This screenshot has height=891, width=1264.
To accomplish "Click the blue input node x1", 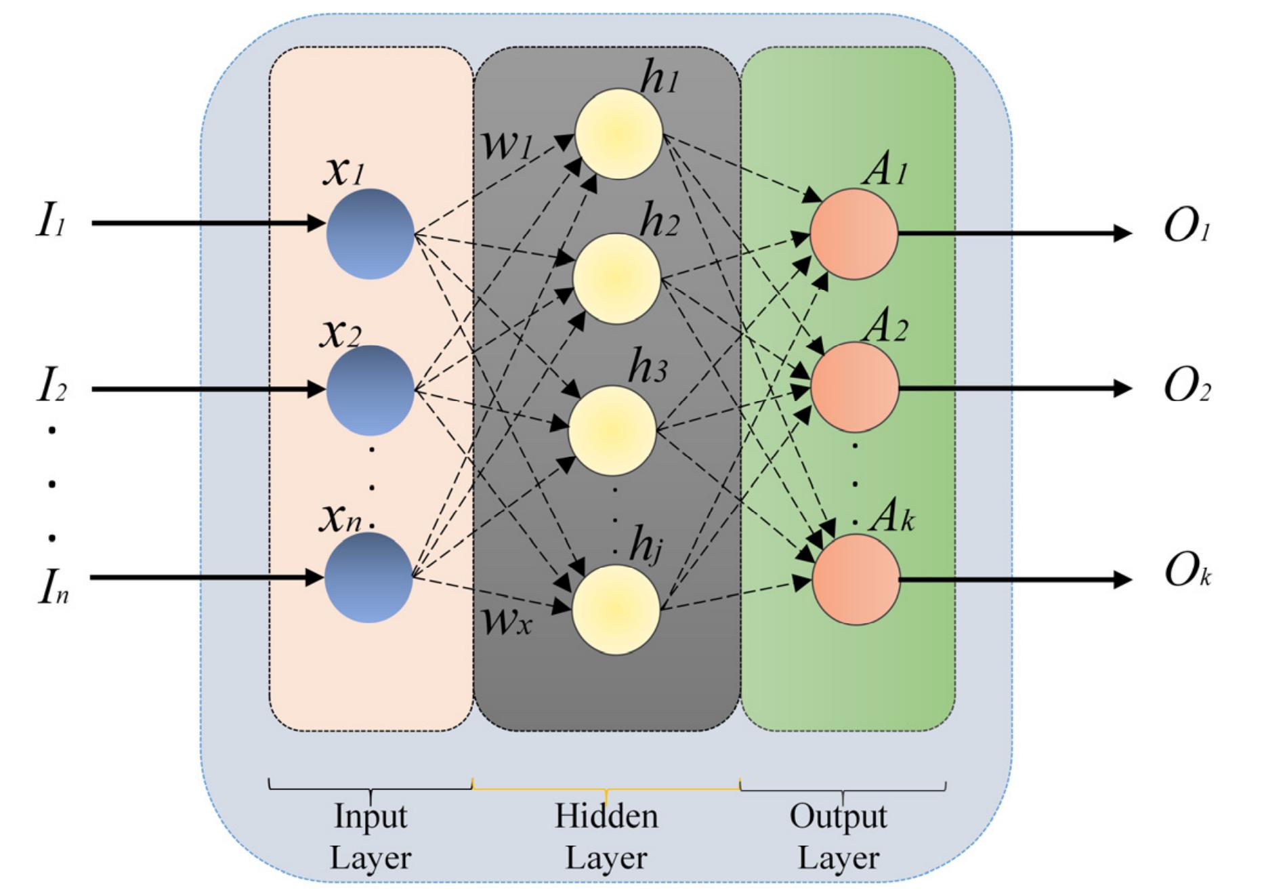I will coord(370,234).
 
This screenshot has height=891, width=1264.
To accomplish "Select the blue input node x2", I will coord(370,390).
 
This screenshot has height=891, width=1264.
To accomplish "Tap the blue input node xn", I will coord(368,577).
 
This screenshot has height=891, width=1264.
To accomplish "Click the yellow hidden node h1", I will coord(618,134).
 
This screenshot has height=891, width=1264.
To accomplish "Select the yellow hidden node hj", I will coord(616,610).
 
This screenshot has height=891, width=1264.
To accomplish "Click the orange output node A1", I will coord(854,234).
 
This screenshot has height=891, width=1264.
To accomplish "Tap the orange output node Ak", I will coord(856,579).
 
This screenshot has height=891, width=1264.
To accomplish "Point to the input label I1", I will coord(51,222).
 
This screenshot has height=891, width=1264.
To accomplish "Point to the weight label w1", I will coord(507,144).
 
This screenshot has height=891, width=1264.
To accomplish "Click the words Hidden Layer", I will coord(606,837).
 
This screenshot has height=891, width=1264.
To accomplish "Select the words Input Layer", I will coord(371,837).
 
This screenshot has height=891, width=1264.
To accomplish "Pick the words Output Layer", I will coord(839,837).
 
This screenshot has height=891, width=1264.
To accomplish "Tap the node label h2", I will coord(659,221).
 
